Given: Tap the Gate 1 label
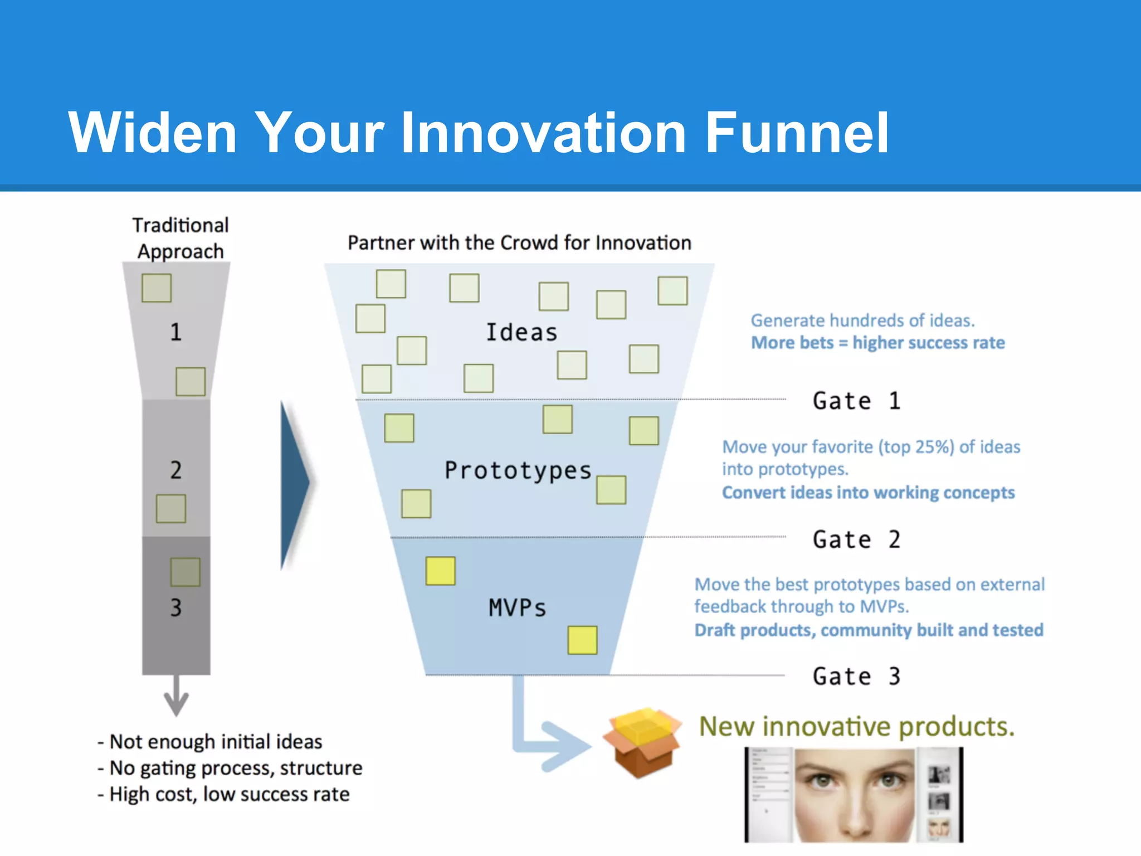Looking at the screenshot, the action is click(x=856, y=401).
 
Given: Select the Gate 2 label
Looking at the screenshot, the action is click(x=856, y=539).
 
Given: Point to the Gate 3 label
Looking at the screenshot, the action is click(x=856, y=676).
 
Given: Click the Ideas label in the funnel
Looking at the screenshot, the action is click(x=521, y=332).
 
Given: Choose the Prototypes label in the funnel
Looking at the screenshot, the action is click(x=518, y=470).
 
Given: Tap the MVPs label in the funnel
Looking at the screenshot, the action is click(x=518, y=607).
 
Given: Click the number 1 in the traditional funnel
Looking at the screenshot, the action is click(x=175, y=332).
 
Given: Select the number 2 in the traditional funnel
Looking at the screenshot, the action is click(x=175, y=470).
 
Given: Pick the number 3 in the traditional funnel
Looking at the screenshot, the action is click(x=175, y=607).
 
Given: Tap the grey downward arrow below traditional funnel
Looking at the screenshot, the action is click(x=176, y=697).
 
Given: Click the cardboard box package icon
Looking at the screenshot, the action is click(x=642, y=742).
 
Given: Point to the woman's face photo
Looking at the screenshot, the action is click(x=855, y=794).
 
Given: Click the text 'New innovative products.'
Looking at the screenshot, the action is click(x=856, y=726).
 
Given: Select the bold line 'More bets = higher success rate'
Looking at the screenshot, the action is click(x=877, y=343).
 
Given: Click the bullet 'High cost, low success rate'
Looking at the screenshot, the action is click(x=228, y=794).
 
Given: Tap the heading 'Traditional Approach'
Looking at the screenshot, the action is click(x=181, y=238).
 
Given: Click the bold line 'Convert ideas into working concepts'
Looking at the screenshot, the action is click(x=868, y=493).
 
